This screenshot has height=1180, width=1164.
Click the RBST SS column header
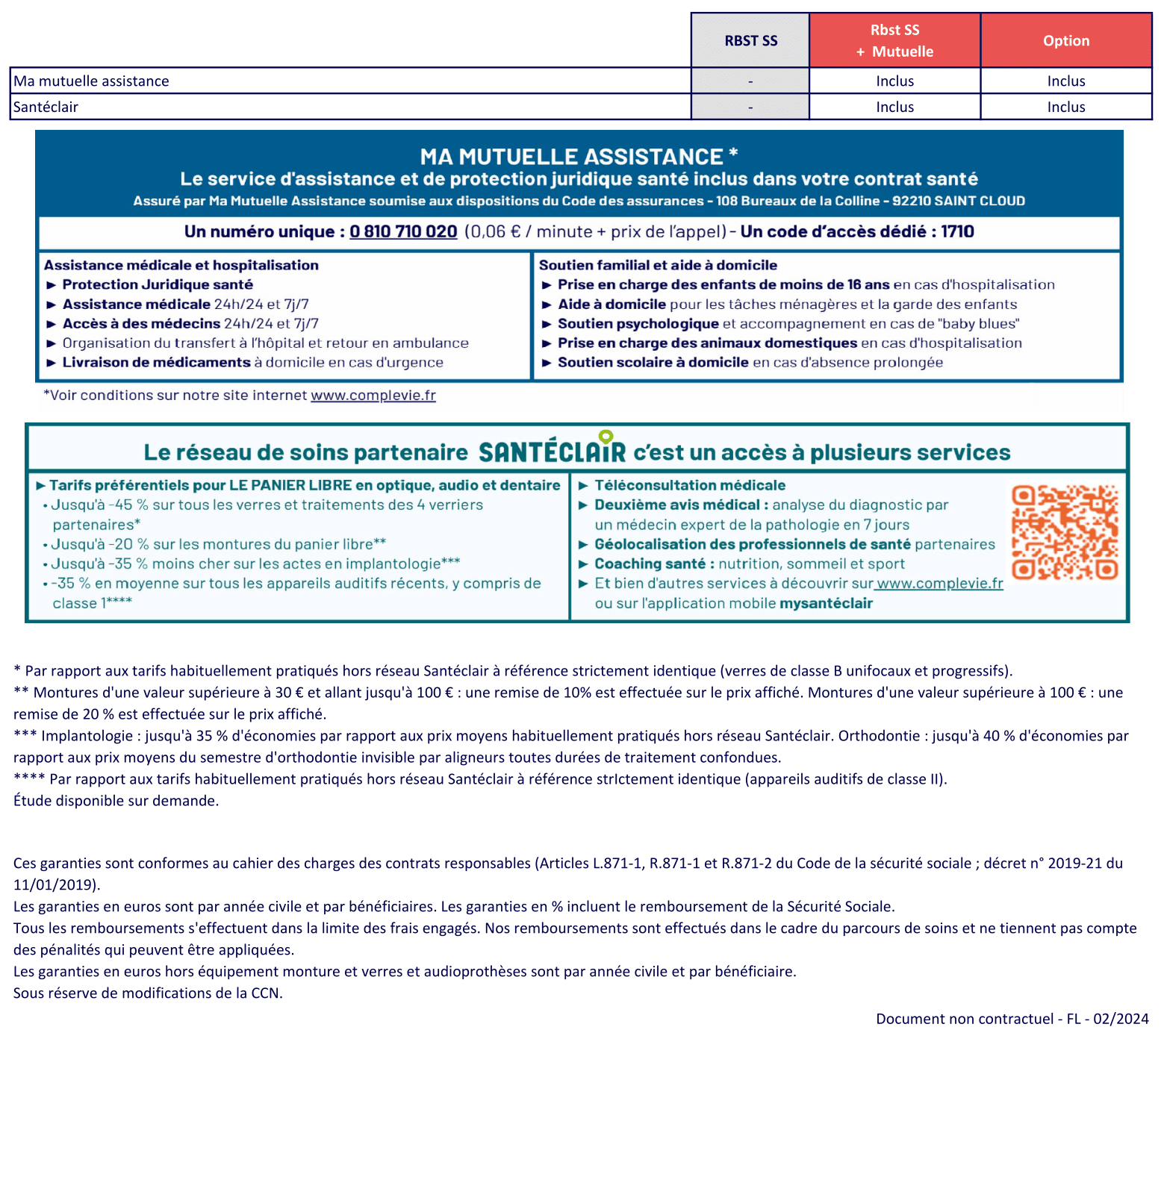click(750, 40)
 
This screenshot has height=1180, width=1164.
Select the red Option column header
click(1065, 40)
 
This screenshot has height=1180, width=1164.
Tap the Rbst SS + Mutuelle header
click(894, 40)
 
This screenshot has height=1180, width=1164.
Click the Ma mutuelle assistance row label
click(91, 81)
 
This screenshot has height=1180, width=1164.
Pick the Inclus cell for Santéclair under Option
click(1065, 107)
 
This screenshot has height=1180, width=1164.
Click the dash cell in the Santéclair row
click(750, 107)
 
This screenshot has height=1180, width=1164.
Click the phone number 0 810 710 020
click(403, 231)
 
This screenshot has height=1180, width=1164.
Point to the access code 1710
click(957, 231)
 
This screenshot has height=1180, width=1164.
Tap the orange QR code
click(1065, 531)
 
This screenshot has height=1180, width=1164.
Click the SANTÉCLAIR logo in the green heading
click(552, 452)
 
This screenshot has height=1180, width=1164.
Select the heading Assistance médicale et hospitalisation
click(181, 265)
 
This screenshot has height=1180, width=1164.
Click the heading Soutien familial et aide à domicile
click(658, 265)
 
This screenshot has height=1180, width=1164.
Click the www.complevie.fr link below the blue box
click(373, 395)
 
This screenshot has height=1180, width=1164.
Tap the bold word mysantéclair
click(826, 603)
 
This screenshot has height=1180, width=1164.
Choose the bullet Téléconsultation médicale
click(690, 485)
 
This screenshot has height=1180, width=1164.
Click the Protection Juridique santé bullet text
click(158, 284)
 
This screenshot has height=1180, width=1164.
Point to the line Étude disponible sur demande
click(116, 800)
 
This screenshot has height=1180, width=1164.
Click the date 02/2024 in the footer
click(1121, 1019)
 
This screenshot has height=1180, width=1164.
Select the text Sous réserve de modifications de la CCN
click(148, 993)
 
